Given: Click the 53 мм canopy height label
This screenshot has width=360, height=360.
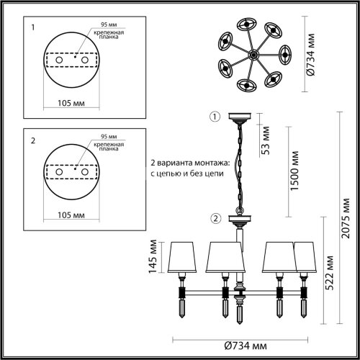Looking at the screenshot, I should (266, 140).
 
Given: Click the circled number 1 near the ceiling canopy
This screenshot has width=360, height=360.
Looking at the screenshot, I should (212, 117).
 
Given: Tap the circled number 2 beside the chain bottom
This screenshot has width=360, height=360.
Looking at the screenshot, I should (214, 218).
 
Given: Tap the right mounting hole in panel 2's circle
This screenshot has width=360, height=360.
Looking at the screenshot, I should (84, 173).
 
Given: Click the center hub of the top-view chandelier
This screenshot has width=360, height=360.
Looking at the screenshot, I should (251, 55).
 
